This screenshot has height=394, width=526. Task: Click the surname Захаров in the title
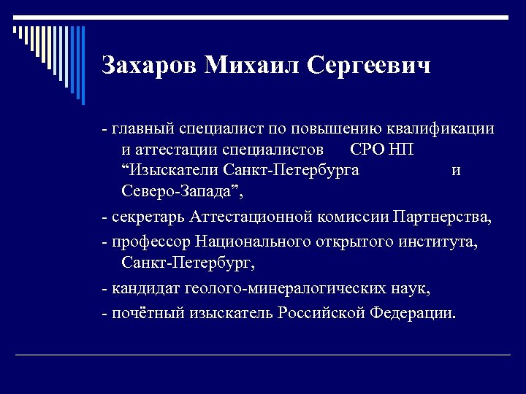pyautogui.click(x=150, y=66)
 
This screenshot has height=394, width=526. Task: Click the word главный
pyautogui.click(x=141, y=129)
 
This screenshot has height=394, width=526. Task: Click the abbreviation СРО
pyautogui.click(x=366, y=150)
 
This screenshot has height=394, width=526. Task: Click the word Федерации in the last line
pyautogui.click(x=412, y=313)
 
